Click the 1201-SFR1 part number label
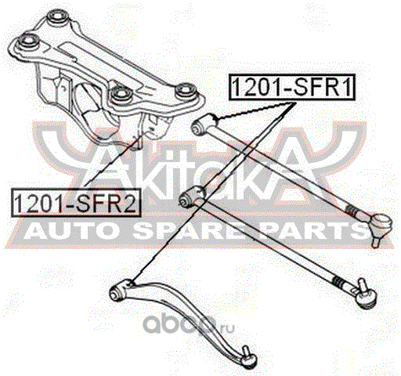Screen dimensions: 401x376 coord(292,87)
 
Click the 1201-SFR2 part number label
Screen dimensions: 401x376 coord(76,203)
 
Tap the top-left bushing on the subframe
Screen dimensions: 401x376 coord(58,17)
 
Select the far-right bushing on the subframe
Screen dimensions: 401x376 coord(186,91)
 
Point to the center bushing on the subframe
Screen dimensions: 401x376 coord(121,95)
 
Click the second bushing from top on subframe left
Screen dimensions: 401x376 coord(29,41)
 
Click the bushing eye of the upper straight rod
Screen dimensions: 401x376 coord(198,127)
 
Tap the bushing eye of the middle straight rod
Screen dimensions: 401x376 coord(187,201)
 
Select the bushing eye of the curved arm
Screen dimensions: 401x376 coord(117,293)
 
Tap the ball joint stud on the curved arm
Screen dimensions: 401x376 coord(248,357)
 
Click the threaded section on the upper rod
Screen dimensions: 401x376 coord(352,210)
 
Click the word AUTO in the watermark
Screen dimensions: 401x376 coord(70,232)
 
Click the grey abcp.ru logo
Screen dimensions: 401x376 coord(189,324)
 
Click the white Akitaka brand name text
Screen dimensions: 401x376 coord(201,175)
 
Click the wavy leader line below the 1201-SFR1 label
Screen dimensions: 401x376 coord(255,110)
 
